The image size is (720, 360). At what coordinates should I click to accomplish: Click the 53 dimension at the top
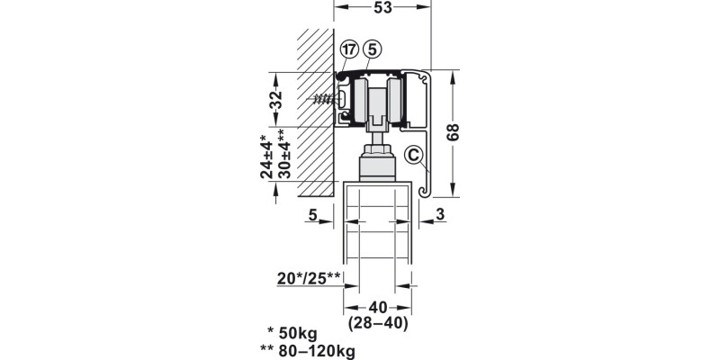click(382, 7)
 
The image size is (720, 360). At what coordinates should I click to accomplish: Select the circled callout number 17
click(349, 49)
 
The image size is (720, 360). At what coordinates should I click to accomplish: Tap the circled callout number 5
click(372, 49)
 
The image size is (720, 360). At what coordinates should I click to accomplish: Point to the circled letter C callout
click(414, 156)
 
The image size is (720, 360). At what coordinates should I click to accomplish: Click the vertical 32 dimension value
click(275, 99)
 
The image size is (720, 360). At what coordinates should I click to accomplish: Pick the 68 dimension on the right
click(453, 132)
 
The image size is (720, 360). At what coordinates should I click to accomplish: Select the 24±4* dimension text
click(266, 156)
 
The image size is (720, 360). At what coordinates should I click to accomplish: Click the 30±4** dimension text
click(283, 153)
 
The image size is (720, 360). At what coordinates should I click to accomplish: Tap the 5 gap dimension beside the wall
click(312, 214)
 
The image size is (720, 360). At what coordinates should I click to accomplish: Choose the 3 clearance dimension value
click(440, 214)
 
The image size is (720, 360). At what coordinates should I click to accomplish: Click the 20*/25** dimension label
click(309, 278)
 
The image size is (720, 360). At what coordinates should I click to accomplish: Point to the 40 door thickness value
click(378, 307)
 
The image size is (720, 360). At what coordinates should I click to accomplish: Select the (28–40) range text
click(378, 324)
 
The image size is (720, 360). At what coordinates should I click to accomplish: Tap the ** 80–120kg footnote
click(308, 351)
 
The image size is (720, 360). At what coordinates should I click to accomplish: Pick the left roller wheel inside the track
click(361, 101)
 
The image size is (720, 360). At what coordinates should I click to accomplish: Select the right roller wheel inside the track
click(395, 101)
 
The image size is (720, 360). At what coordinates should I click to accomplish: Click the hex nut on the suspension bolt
click(377, 150)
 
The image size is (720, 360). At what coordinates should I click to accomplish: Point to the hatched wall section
click(316, 112)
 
